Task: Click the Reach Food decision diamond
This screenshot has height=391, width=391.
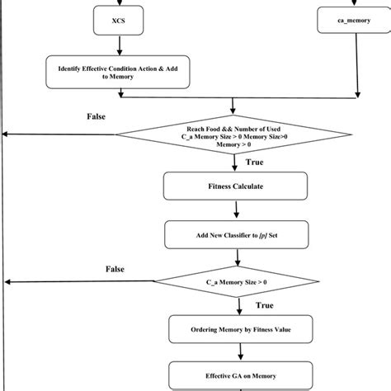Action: point(235,134)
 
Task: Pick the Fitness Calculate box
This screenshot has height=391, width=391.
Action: point(235,186)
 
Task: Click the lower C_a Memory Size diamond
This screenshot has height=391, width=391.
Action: point(235,282)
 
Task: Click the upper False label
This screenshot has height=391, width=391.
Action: point(96,116)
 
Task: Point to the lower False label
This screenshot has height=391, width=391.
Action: point(115,270)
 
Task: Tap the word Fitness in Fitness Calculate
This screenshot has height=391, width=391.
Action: point(219,186)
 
